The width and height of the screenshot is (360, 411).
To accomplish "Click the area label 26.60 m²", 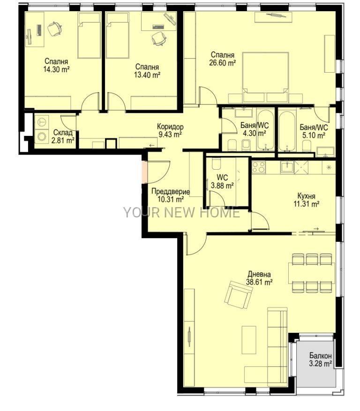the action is coord(222,63).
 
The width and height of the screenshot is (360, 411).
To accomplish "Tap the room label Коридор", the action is coord(170,127).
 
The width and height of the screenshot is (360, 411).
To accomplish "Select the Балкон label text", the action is coord(320,356).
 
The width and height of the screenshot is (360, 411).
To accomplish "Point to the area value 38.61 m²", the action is coord(259,282).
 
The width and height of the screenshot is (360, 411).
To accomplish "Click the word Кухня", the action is coord(306,196).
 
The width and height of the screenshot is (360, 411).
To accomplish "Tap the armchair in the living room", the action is coord(239,295).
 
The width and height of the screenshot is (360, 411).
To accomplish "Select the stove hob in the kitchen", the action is coord(259,167).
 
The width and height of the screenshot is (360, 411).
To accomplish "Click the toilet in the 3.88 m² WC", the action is coord(216,164).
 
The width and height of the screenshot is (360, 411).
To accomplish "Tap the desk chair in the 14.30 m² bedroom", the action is coord(55,29).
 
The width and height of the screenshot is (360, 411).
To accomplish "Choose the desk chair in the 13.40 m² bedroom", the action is coord(158,39).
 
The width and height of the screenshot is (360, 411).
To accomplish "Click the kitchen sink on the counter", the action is coord(287,167).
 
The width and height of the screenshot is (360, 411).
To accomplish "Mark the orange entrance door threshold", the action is coord(144,172).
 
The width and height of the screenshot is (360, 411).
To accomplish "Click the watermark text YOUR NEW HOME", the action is coord(182,212).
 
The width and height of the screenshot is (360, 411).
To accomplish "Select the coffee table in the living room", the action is coord(249,340).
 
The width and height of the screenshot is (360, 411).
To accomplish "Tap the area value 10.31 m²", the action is coord(171,200).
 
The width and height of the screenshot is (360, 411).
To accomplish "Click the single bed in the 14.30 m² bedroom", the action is coord(90,36).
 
